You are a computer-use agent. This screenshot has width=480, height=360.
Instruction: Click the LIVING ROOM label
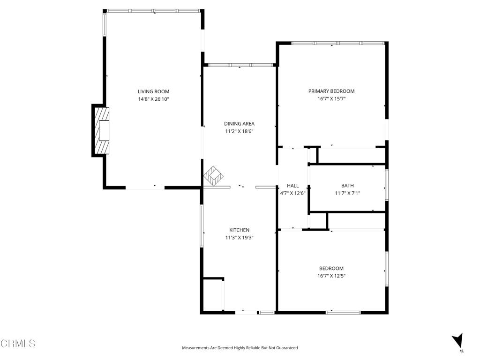coord(153,91)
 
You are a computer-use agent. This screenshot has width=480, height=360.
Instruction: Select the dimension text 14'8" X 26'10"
coord(153,99)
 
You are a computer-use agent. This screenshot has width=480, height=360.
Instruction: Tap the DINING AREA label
coord(239,124)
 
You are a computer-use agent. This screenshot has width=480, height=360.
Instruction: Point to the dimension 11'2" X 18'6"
coord(239,132)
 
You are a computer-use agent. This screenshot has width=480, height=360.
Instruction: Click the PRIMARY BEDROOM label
coord(331,91)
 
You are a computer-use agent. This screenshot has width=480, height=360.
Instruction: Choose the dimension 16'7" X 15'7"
coord(331,99)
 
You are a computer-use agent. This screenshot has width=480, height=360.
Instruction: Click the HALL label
coord(292,186)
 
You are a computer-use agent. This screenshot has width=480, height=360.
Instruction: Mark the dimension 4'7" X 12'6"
coord(292,193)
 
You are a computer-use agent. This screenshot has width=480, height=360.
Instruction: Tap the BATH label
coord(347,186)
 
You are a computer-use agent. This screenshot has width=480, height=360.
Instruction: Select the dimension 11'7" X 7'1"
coord(347,193)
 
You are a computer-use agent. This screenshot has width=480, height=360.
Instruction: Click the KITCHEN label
coord(239,230)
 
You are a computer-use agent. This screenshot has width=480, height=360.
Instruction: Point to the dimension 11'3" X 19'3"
coord(239,238)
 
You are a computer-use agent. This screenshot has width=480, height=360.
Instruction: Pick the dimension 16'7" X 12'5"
coord(331,276)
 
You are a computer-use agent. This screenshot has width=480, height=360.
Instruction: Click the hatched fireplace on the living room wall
coord(101,130)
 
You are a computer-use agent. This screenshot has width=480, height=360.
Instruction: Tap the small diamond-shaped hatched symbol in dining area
coord(214,176)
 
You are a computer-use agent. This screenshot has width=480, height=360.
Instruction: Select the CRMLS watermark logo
coord(18,344)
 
